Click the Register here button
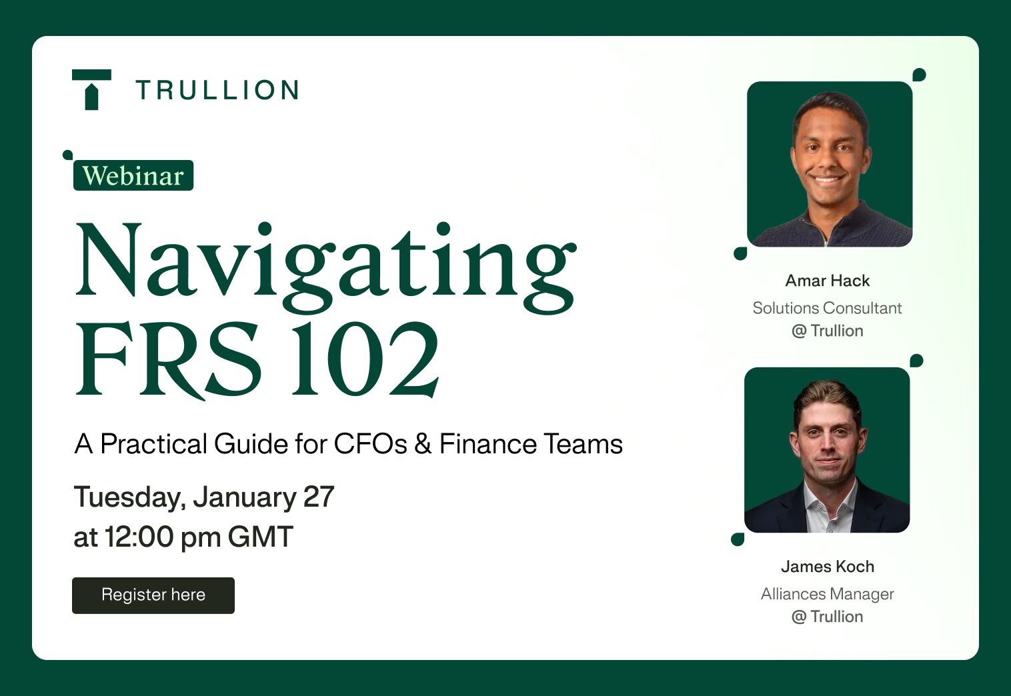pos(153,595)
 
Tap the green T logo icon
pos(91,89)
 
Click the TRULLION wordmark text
pos(217,90)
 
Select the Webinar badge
pos(133,175)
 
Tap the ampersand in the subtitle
pos(423,444)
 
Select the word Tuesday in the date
pos(129,497)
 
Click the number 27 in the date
pos(319,497)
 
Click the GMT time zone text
pos(260,537)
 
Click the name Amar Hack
pos(828,281)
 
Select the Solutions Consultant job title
pos(827,308)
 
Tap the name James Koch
pos(828,567)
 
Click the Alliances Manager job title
pos(827,594)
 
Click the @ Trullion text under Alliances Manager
pos(827,617)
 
